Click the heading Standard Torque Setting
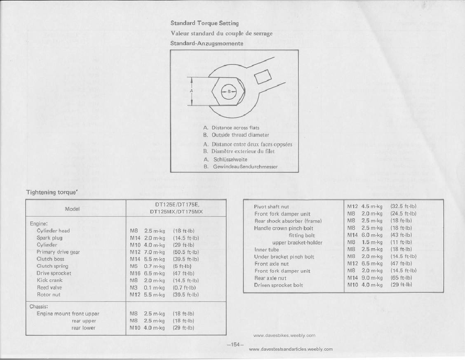pos(205,24)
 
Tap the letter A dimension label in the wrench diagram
pos(191,91)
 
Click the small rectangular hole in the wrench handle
pos(262,77)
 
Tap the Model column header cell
pos(73,209)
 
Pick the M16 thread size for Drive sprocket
pos(135,273)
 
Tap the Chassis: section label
pos(40,307)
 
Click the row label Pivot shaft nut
pos(272,207)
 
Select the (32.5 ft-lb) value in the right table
pos(403,206)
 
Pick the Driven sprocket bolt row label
pos(279,285)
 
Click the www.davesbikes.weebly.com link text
pos(284,335)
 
